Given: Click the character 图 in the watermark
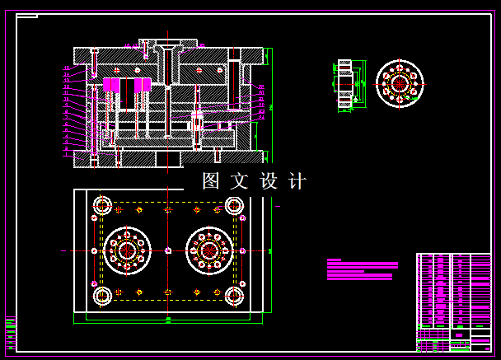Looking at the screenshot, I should click(212, 181).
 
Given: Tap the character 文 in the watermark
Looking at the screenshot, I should click(239, 181).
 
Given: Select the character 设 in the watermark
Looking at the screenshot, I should click(269, 181).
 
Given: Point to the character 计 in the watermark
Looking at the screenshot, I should click(297, 181).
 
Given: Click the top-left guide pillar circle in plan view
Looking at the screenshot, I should click(102, 205).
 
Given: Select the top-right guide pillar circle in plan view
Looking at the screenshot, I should click(234, 205).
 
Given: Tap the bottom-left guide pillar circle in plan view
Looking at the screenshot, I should click(102, 295).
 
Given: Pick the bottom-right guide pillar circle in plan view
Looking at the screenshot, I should click(234, 295).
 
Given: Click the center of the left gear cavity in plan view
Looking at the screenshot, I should click(127, 250).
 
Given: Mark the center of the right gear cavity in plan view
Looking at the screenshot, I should click(209, 250).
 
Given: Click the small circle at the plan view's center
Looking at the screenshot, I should click(168, 250).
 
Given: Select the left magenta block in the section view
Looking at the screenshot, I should click(111, 85).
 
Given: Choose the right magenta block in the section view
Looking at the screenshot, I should click(143, 85).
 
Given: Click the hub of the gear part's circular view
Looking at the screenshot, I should click(400, 83).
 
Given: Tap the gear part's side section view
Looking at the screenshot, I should click(345, 83).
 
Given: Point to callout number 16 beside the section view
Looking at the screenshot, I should click(66, 68).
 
